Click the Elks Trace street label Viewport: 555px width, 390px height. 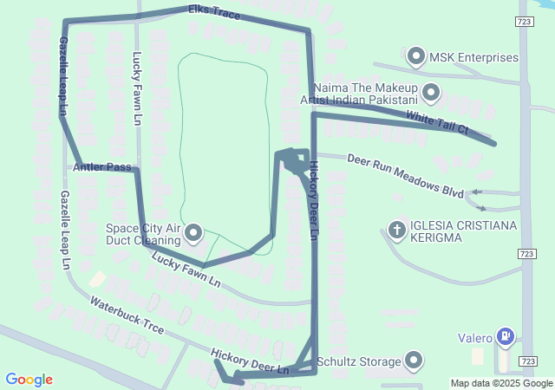[x=215, y=14]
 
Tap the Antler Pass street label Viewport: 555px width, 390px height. [x=102, y=166]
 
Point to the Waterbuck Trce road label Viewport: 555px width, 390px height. [x=127, y=315]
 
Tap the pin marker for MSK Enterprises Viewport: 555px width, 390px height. [x=416, y=58]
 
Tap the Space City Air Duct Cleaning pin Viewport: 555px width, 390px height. [x=193, y=233]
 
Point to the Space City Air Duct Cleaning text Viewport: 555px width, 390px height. [x=141, y=234]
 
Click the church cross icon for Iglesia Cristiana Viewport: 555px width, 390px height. [x=397, y=231]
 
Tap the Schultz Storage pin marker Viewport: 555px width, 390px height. [x=414, y=361]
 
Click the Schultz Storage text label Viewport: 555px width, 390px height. [x=357, y=361]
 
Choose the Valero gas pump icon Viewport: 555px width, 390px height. [x=506, y=337]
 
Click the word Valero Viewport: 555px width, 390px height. [x=475, y=337]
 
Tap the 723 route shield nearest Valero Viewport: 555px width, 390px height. [x=527, y=361]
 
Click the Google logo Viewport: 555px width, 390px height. [x=29, y=379]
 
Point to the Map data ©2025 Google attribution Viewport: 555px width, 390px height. [x=501, y=383]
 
